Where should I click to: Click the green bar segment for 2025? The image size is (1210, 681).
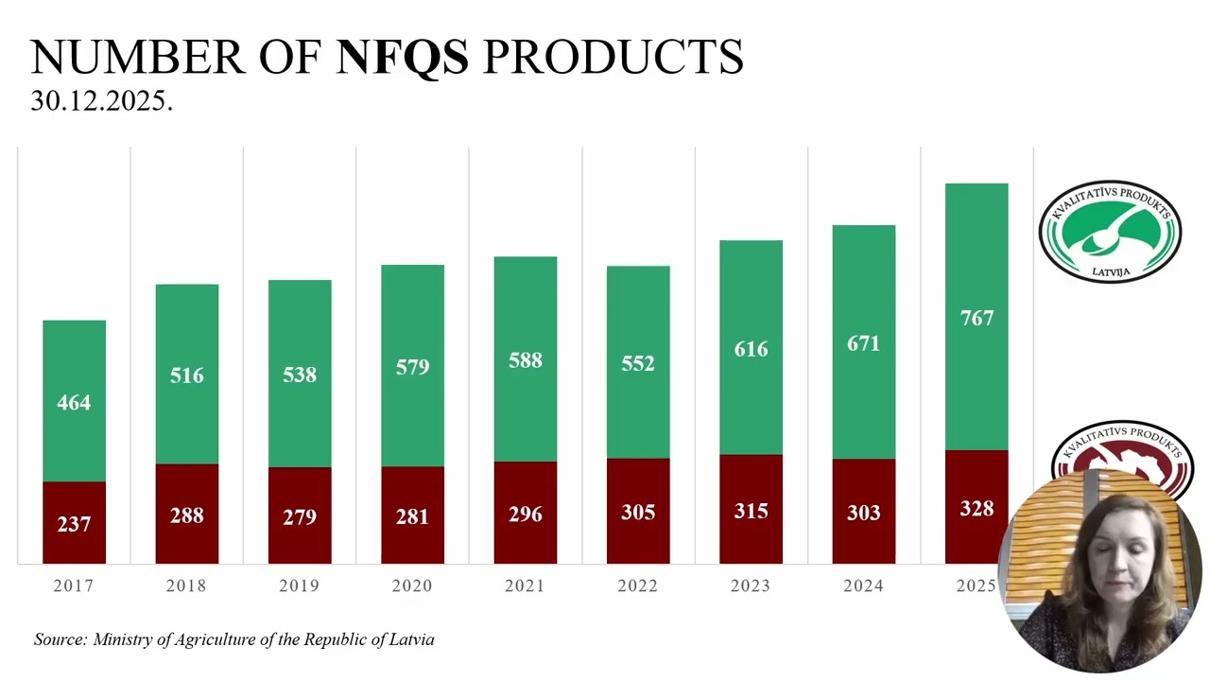coord(977,317)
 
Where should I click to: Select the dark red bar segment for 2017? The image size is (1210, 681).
coord(74,523)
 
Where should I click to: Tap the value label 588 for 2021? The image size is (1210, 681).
coord(525,360)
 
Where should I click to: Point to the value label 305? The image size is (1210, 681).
coord(638,512)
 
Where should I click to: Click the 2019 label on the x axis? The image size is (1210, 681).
coord(300,585)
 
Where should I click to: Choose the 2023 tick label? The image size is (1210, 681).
coord(751,585)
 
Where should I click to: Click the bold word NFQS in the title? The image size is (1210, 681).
coord(403,57)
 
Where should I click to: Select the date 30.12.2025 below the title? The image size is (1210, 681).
coord(101,101)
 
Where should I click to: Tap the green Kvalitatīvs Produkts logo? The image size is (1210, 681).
coord(1110,232)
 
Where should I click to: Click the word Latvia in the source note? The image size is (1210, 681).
coord(411,639)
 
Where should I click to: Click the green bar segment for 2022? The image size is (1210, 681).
coord(638,362)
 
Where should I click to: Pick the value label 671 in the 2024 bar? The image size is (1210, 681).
coord(863,343)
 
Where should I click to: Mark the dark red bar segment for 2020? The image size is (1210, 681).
coord(413,515)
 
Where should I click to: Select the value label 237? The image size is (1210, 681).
coord(74,524)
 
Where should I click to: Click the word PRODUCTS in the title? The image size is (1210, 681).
coord(614,57)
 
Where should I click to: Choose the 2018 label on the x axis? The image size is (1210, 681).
coord(186,585)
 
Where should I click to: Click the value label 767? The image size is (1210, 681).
coord(977,318)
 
